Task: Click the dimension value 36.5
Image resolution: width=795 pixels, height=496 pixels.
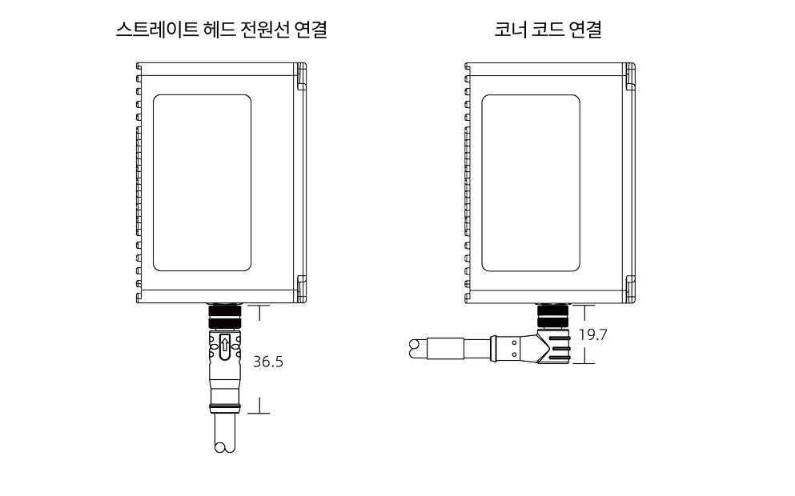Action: [268, 361]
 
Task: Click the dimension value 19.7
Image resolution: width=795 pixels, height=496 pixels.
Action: [592, 334]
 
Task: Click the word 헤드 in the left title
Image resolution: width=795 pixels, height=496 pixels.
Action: [212, 31]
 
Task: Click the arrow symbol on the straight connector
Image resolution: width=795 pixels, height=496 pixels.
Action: [224, 346]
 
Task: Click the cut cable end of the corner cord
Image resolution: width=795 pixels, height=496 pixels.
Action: [416, 346]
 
